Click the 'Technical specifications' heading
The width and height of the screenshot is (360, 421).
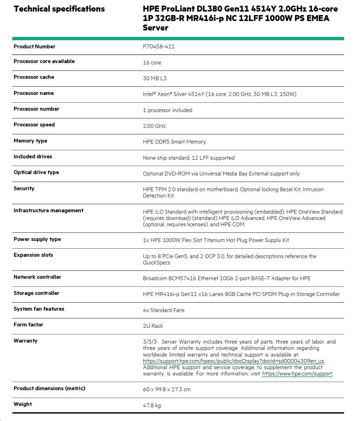59,9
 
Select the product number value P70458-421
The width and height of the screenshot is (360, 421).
158,47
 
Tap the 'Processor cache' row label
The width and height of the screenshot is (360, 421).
34,77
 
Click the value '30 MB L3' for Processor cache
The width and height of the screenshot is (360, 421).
155,78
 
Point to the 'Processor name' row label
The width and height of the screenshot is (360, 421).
34,93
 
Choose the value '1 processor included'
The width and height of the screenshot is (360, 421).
168,110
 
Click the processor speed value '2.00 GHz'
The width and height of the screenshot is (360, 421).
154,126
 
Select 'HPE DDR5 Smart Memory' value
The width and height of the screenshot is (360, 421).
174,142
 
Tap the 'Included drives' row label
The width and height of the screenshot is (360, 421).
33,157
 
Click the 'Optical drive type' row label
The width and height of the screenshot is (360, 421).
36,172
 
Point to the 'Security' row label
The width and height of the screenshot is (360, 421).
24,188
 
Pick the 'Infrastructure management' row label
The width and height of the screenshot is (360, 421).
49,210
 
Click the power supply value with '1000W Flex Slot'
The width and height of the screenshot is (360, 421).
216,240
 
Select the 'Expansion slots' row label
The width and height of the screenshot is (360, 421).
34,255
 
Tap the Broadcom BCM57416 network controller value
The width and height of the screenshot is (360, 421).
227,278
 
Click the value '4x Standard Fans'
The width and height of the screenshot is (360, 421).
164,310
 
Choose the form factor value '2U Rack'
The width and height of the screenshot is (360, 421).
153,326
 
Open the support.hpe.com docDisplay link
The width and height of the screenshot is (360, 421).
234,361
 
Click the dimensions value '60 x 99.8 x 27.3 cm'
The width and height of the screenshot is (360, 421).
167,389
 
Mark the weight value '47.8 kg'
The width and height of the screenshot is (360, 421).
152,406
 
